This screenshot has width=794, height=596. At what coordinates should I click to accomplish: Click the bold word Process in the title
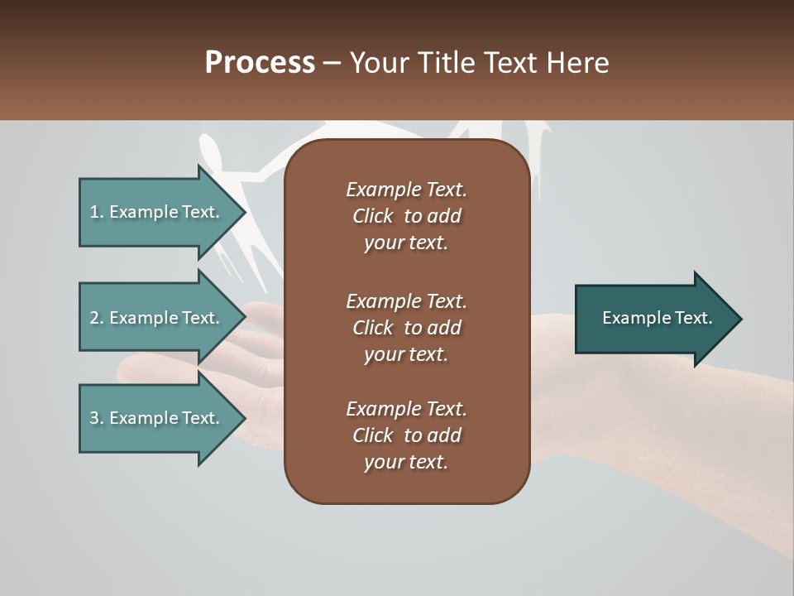pos(260,63)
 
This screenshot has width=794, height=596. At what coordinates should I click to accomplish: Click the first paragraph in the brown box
pos(406,216)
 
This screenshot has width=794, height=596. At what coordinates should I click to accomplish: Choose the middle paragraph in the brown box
pos(406,328)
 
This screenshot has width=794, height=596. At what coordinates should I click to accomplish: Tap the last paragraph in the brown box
pos(406,435)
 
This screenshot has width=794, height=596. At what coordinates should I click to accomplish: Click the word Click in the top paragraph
pos(372,216)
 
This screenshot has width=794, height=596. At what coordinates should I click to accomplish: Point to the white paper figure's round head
pos(210,151)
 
